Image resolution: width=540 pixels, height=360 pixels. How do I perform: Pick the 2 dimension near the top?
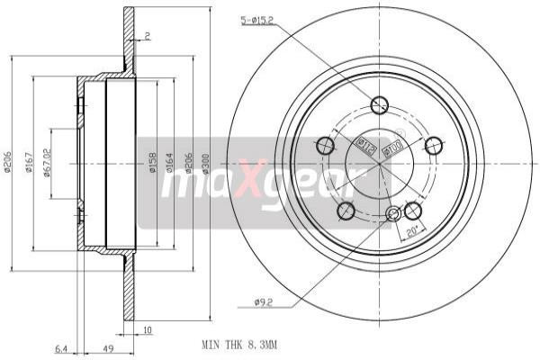coord(147,36)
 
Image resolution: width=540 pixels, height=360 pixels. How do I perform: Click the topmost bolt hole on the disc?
coord(380,105)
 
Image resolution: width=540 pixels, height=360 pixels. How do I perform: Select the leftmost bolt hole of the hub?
coord(325,144)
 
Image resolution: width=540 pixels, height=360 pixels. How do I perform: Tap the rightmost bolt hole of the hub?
coord(434,145)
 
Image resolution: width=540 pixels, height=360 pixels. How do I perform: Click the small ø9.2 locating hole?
coord(392,214)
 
